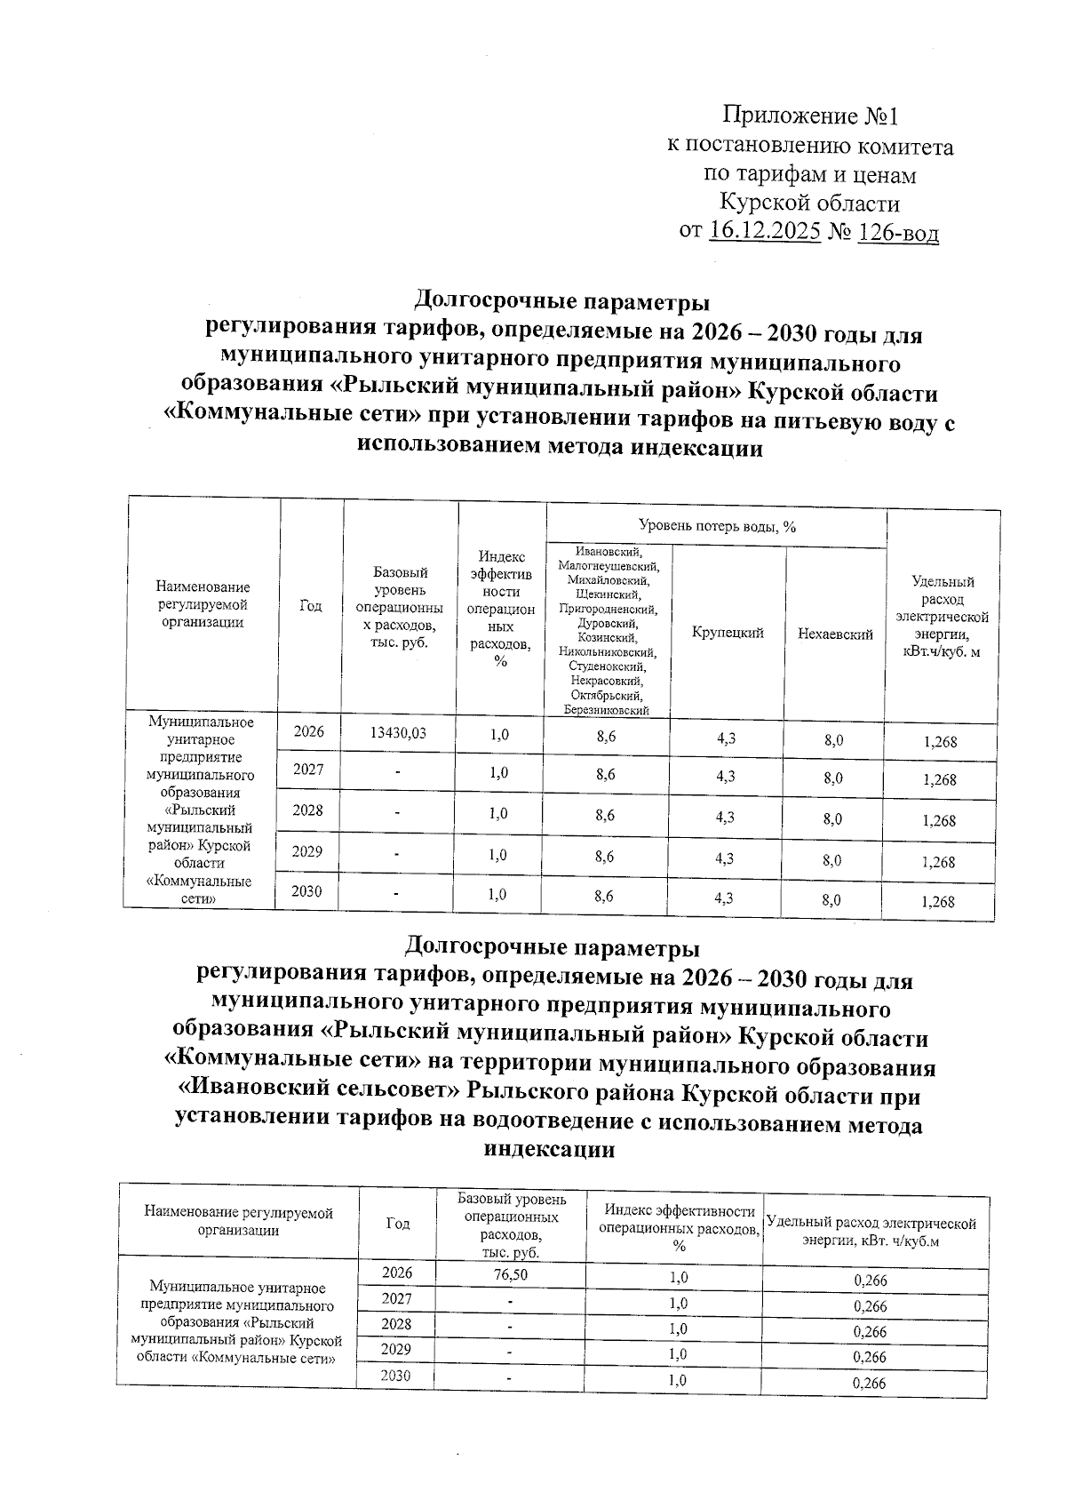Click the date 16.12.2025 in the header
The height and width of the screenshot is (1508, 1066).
(765, 233)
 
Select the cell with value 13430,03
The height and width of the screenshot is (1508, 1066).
(397, 733)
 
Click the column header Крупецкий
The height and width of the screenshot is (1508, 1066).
(728, 633)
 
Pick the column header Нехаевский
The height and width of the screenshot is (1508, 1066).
(835, 634)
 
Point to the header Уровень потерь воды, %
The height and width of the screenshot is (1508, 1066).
(716, 527)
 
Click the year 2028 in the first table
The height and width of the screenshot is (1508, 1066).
(308, 810)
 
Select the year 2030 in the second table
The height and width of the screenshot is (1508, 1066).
(396, 1376)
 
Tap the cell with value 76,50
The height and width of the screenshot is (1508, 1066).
(511, 1274)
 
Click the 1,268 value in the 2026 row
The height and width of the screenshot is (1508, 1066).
(939, 741)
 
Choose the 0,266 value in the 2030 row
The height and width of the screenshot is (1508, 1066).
(870, 1383)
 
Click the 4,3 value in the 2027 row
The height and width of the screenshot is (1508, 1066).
(725, 777)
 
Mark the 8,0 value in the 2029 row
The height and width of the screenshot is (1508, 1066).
(832, 859)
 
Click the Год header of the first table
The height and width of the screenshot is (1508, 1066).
(310, 606)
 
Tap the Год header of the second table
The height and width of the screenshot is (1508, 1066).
(397, 1224)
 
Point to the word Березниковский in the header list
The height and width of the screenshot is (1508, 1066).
(606, 710)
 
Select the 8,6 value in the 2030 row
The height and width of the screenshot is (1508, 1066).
(604, 897)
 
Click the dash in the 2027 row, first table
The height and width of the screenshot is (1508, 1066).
(398, 773)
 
